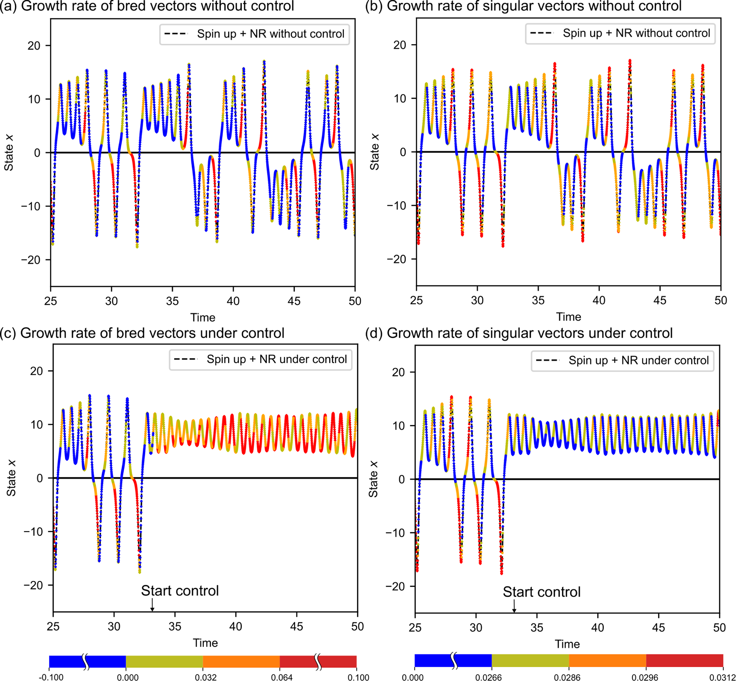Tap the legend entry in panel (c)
pyautogui.click(x=260, y=359)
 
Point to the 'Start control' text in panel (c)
pyautogui.click(x=180, y=591)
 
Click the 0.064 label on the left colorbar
pyautogui.click(x=282, y=677)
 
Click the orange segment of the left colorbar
pyautogui.click(x=241, y=661)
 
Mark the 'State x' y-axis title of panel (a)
pyautogui.click(x=9, y=152)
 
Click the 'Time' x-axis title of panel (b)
pyautogui.click(x=568, y=317)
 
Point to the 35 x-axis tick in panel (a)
pyautogui.click(x=172, y=301)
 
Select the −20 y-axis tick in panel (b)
pyautogui.click(x=396, y=259)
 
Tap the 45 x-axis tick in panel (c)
pyautogui.click(x=297, y=627)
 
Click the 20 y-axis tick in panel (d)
pyautogui.click(x=398, y=372)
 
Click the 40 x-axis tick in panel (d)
pyautogui.click(x=597, y=628)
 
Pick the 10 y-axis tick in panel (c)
pyautogui.click(x=37, y=425)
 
